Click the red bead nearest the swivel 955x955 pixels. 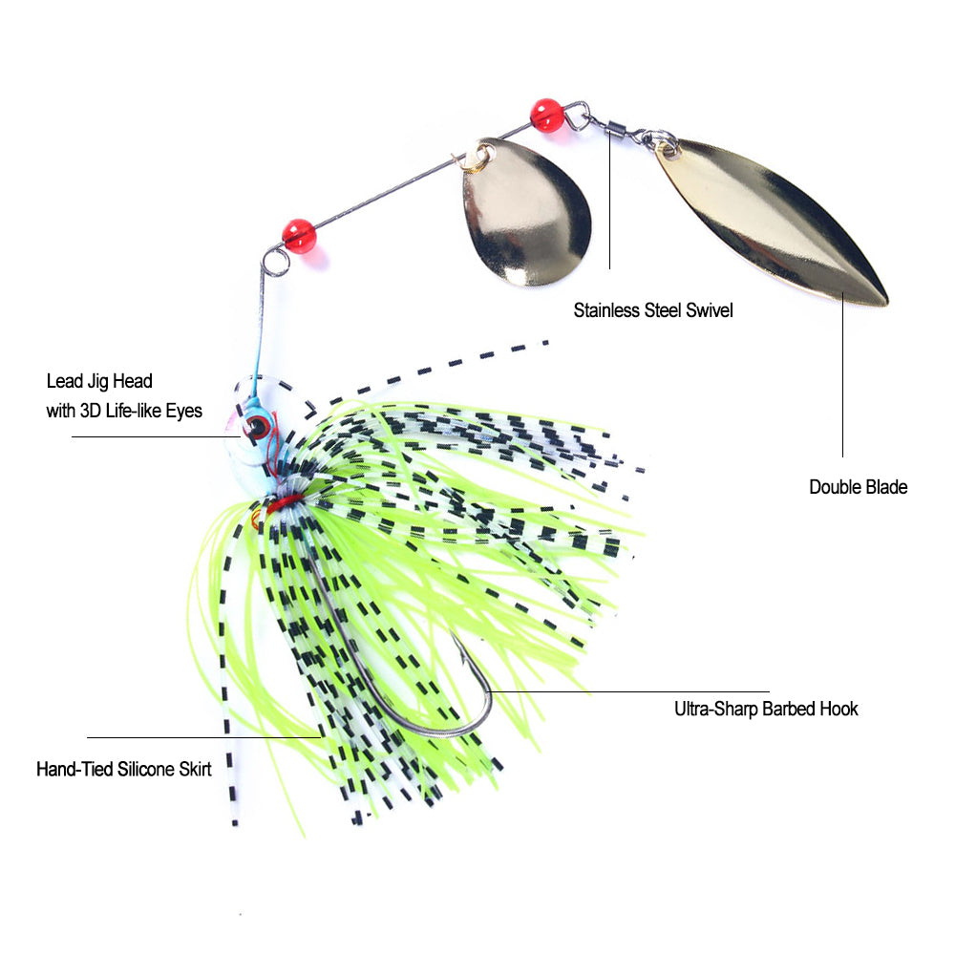(547, 115)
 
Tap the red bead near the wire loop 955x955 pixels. (299, 235)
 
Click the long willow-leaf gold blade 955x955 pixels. (772, 222)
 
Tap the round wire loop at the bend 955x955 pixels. (276, 259)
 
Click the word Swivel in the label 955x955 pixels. (709, 310)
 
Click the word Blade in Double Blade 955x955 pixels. (887, 487)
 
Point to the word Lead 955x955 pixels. (64, 382)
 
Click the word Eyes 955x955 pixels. (184, 412)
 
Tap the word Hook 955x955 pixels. (839, 709)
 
